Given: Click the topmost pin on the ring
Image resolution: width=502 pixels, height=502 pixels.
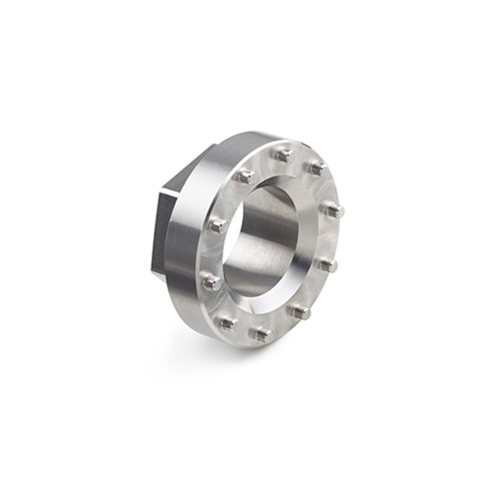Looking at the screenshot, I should click(x=284, y=154).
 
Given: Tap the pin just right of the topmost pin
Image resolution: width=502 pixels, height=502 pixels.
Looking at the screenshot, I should click(x=318, y=168).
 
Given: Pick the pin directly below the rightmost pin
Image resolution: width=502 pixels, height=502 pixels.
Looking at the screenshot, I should click(x=327, y=265).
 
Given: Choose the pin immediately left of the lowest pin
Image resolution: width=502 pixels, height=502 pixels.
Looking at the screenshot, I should click(x=227, y=323).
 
